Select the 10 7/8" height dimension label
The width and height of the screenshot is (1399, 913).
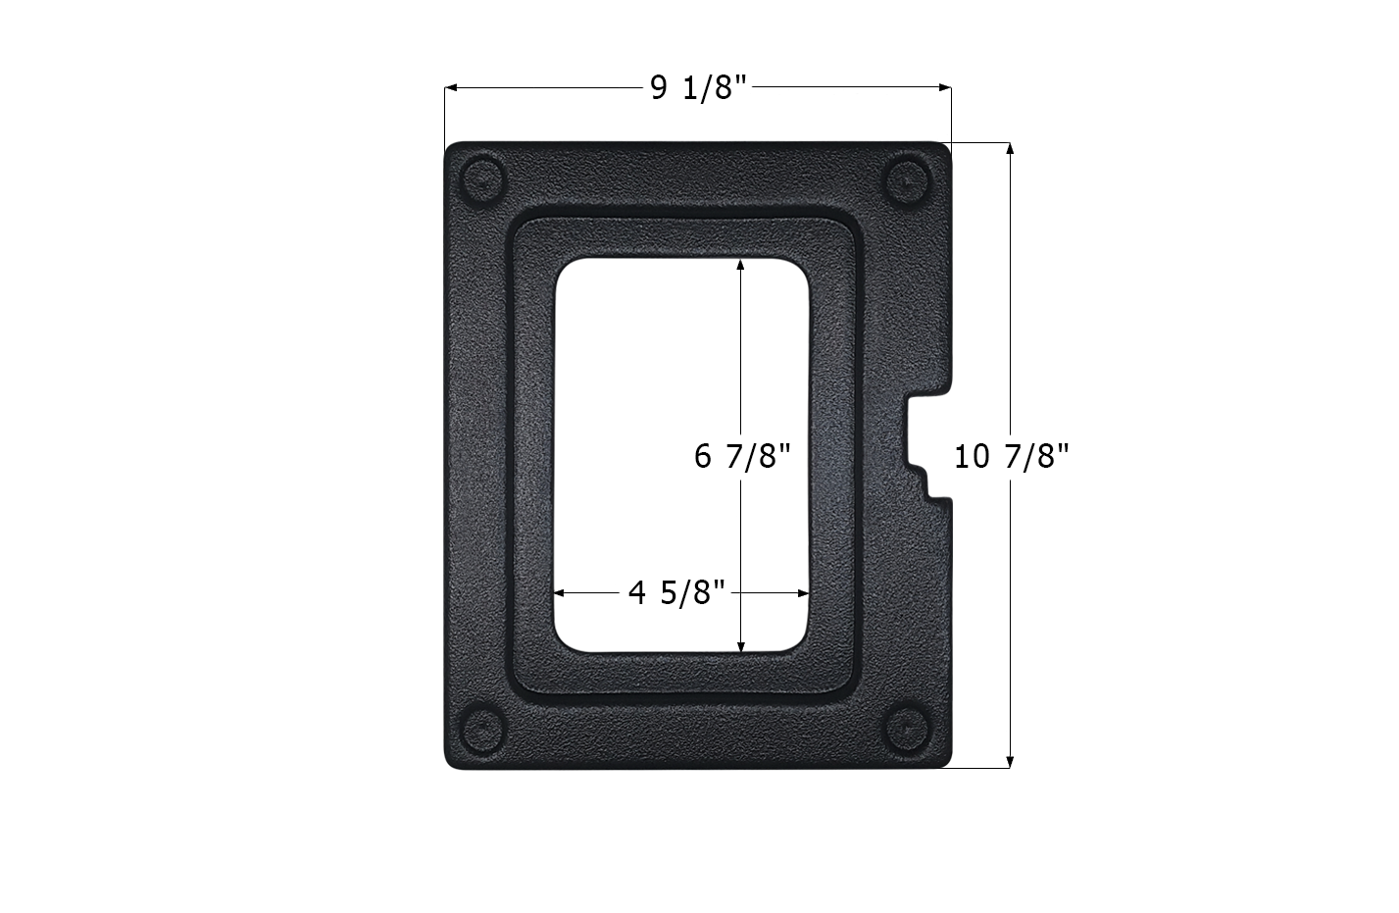[x=1010, y=456]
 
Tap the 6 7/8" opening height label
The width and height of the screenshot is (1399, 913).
[x=741, y=456]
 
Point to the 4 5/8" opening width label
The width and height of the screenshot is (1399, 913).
[x=676, y=592]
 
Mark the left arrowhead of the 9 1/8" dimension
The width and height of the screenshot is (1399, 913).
[x=451, y=88]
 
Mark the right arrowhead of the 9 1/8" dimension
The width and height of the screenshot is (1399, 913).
[x=945, y=88]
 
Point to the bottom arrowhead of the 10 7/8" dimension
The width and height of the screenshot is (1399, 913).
[x=1010, y=761]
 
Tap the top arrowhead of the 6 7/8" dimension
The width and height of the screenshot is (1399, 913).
[x=741, y=265]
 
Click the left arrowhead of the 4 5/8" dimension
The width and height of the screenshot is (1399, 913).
[x=562, y=592]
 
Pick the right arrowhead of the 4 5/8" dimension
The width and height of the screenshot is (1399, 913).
[x=804, y=592]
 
